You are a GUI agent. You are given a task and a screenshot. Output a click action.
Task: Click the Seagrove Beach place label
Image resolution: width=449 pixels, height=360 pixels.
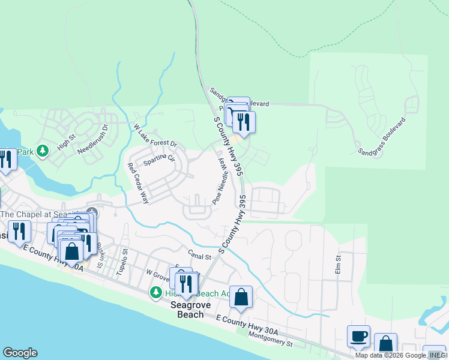[x=191, y=309]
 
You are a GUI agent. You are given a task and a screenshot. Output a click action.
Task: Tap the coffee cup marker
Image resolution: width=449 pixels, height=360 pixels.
[x=359, y=337]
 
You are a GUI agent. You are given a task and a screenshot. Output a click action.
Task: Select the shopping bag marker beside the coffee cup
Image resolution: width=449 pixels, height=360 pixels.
[x=385, y=344]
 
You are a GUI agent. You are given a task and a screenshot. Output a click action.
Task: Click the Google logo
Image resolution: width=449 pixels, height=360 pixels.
[x=20, y=353]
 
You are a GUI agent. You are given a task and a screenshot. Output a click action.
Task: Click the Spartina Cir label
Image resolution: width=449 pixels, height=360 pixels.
[x=159, y=159]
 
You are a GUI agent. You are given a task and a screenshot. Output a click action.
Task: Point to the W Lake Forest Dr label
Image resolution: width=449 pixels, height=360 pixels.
[x=155, y=136]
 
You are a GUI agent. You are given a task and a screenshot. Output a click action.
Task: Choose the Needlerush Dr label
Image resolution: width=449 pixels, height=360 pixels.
[x=95, y=137]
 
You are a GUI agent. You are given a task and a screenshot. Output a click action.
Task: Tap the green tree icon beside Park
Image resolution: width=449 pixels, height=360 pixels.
[x=42, y=151]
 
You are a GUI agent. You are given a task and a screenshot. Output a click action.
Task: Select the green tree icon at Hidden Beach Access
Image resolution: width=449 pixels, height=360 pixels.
[x=156, y=292]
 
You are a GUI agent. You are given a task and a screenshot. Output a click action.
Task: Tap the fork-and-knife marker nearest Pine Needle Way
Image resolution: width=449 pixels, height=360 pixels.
[x=244, y=122]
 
